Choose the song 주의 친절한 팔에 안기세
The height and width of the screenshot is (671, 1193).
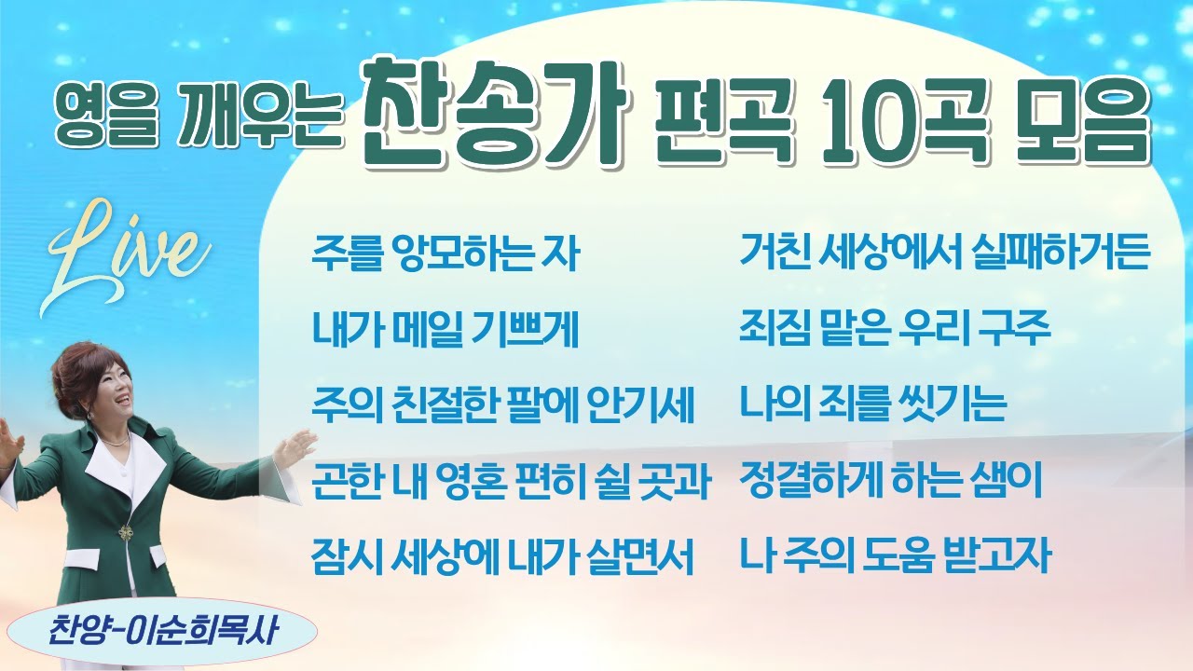[x=502, y=405]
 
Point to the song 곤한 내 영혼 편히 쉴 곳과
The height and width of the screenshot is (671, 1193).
[x=512, y=482]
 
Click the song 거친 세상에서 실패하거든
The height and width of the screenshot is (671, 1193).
[x=944, y=253]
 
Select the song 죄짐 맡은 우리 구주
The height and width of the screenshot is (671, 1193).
[x=895, y=329]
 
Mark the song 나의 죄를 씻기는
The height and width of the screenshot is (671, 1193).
[x=872, y=405]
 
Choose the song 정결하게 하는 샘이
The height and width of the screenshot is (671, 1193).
[x=890, y=482]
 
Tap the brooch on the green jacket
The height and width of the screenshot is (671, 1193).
[x=125, y=533]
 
